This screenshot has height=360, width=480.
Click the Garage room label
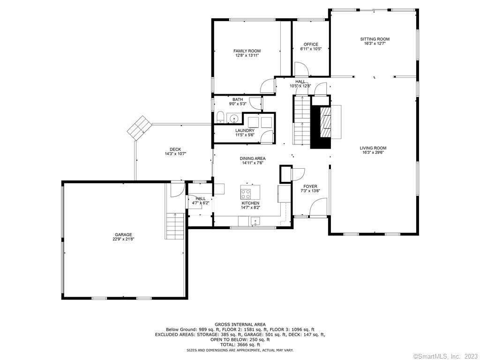pos(123,235)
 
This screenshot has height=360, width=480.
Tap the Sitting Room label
pos(375,39)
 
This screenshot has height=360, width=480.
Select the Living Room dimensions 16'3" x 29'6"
pos(373,152)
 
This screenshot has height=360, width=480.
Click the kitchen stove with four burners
pos(246,194)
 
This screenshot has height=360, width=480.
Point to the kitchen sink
pos(255,221)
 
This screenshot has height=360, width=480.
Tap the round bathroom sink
pos(234,118)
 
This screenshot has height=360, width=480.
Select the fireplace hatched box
pos(325,122)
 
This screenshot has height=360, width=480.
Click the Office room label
pos(311,45)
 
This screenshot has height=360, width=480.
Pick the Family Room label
pos(247,51)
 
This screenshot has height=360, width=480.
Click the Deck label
pos(175,150)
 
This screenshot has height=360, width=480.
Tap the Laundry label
pos(245,130)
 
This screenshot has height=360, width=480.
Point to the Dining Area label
pos(253,158)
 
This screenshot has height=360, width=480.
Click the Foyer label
pos(310,187)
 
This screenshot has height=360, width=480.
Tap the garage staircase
pos(175,226)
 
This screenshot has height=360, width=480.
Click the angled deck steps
pos(140,128)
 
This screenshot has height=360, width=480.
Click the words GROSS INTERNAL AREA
pos(240,324)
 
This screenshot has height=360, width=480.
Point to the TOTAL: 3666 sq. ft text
pos(240,345)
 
